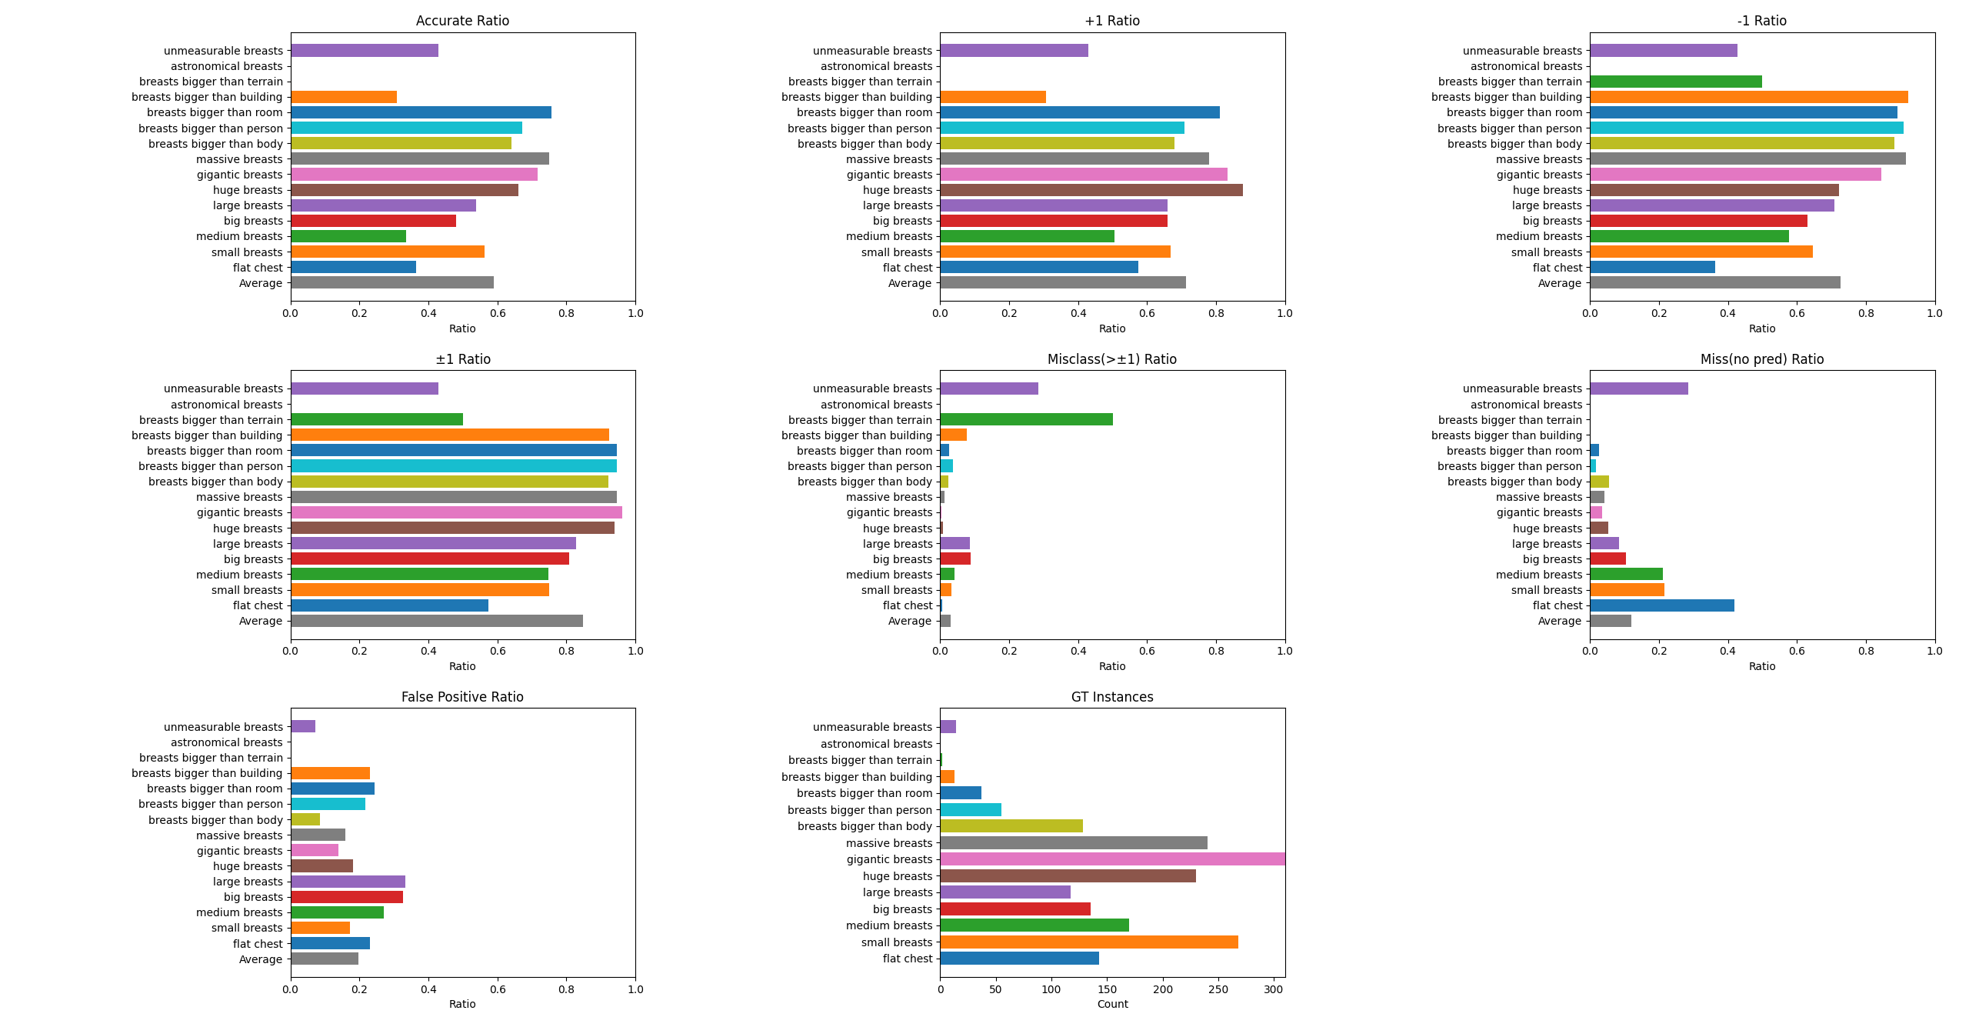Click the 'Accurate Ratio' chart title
462,21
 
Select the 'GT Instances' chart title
1111,697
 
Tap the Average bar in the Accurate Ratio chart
392,283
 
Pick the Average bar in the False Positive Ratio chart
325,959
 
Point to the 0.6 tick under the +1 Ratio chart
1147,313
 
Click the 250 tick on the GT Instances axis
1218,989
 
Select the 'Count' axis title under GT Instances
1112,1004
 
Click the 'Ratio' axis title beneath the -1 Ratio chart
1761,328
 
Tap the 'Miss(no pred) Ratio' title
1761,359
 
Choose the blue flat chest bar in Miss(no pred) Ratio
1661,605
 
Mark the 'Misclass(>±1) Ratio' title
1111,359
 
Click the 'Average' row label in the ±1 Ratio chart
261,621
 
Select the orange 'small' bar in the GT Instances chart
1088,942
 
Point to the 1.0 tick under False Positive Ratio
635,989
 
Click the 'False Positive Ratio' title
462,697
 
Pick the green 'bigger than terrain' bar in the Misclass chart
1026,420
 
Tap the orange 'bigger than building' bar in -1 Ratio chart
1748,97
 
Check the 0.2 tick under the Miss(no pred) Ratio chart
1659,651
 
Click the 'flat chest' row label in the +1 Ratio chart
908,268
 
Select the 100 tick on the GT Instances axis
1051,989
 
